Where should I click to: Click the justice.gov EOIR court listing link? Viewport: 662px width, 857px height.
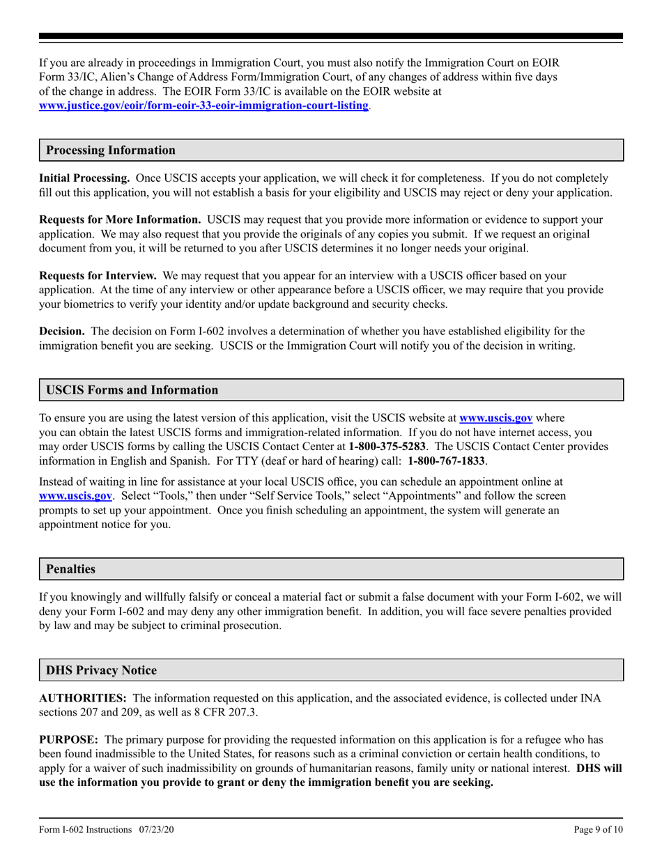(204, 105)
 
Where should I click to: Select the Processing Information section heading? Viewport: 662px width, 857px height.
(111, 150)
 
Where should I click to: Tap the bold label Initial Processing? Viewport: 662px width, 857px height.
(84, 178)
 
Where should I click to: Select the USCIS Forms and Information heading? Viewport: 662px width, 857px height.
(132, 389)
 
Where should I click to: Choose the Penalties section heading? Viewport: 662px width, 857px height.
(70, 569)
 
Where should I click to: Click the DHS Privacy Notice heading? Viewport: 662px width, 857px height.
(101, 670)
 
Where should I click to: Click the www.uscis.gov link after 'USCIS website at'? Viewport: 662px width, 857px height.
(496, 418)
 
